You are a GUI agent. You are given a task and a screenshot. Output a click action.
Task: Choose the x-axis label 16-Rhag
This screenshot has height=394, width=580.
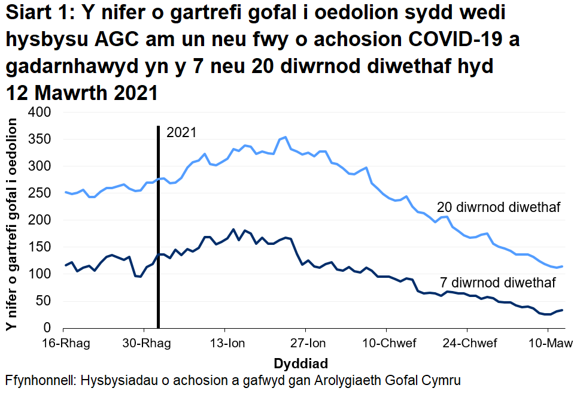click(63, 344)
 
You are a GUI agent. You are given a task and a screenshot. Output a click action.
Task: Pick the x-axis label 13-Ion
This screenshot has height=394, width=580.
click(224, 344)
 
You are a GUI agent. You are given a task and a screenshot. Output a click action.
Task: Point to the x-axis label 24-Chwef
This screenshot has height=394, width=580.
click(467, 344)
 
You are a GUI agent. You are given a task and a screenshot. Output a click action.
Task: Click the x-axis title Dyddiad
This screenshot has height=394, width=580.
click(300, 363)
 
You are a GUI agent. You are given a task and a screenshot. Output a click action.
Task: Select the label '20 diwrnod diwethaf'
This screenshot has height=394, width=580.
click(498, 208)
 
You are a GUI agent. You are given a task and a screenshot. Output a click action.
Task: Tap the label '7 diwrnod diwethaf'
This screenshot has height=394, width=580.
click(498, 283)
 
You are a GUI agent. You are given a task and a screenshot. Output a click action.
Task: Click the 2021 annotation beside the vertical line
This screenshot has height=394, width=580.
click(181, 133)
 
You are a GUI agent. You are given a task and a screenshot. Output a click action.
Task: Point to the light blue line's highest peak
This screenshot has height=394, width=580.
click(286, 137)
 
